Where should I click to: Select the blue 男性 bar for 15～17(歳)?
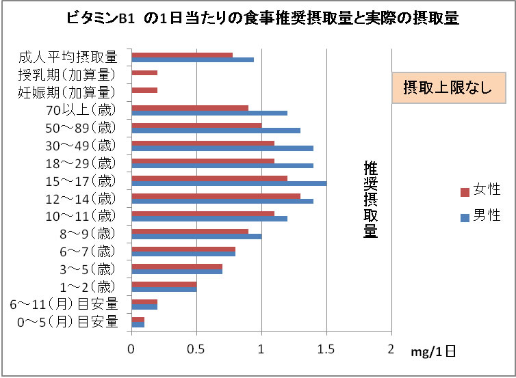click(x=229, y=183)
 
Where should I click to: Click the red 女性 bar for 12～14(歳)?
click(x=216, y=195)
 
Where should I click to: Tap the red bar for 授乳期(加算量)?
click(x=144, y=72)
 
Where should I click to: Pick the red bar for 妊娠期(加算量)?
click(x=144, y=90)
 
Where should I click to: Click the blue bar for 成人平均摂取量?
click(x=192, y=60)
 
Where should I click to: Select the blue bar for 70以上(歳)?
click(x=209, y=113)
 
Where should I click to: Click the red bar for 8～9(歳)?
click(x=190, y=230)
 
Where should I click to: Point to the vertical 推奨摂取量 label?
click(x=370, y=200)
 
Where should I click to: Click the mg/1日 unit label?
click(x=433, y=352)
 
